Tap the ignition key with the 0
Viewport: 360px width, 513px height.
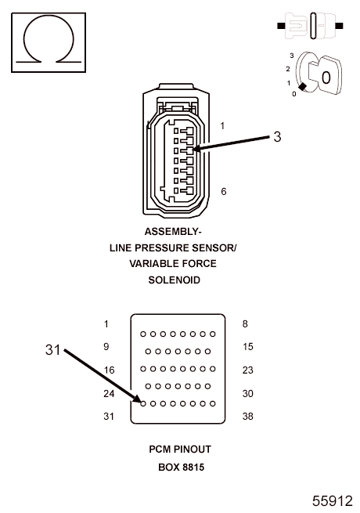click(325, 75)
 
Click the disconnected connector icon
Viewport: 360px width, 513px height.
click(310, 26)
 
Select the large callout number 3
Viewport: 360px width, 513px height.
click(277, 137)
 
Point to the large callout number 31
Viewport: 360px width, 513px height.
click(52, 350)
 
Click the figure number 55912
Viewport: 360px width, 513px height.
click(332, 501)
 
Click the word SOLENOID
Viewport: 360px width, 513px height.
click(174, 280)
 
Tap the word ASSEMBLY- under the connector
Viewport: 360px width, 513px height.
click(173, 232)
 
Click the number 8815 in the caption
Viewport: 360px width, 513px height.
click(193, 467)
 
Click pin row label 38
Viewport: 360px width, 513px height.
click(247, 416)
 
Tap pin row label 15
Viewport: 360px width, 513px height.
click(247, 346)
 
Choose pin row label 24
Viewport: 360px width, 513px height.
click(109, 393)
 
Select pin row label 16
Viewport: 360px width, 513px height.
click(109, 370)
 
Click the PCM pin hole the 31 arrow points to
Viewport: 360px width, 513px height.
click(143, 403)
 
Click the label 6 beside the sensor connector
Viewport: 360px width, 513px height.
click(224, 191)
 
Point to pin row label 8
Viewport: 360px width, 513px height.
click(245, 324)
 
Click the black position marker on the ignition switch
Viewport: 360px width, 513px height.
click(302, 87)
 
